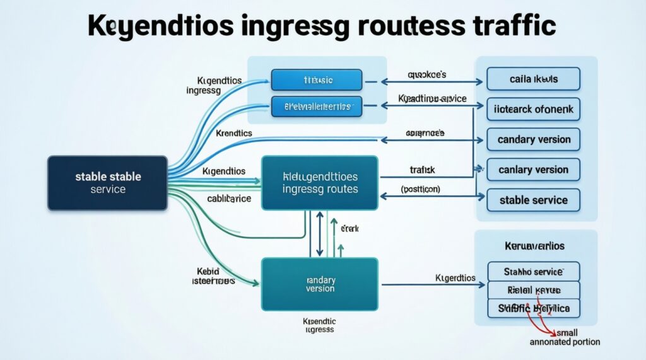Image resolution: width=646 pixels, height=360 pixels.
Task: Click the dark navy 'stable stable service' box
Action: (x=107, y=183)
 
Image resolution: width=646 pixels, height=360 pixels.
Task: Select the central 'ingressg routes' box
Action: (x=320, y=183)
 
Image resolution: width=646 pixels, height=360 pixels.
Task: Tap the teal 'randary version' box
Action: (x=320, y=284)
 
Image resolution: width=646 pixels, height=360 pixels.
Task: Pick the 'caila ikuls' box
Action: (x=533, y=79)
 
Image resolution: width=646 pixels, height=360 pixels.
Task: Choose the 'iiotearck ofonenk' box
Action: (x=533, y=109)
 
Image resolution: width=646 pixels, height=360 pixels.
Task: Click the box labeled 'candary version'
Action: (x=533, y=139)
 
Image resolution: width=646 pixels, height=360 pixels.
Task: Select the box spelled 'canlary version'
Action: (x=533, y=170)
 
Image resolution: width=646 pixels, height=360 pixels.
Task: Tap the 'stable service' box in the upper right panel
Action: (x=533, y=200)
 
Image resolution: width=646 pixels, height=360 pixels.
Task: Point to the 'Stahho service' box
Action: (x=533, y=272)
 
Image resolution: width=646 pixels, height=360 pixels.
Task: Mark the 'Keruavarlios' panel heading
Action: (x=534, y=245)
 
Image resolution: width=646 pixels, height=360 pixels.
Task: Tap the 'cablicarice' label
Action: (x=229, y=198)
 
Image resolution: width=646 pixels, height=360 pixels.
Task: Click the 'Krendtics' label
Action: (x=233, y=134)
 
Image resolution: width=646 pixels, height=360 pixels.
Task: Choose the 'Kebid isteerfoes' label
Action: (x=212, y=276)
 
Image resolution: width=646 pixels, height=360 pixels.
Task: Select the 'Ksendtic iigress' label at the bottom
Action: (x=319, y=325)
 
